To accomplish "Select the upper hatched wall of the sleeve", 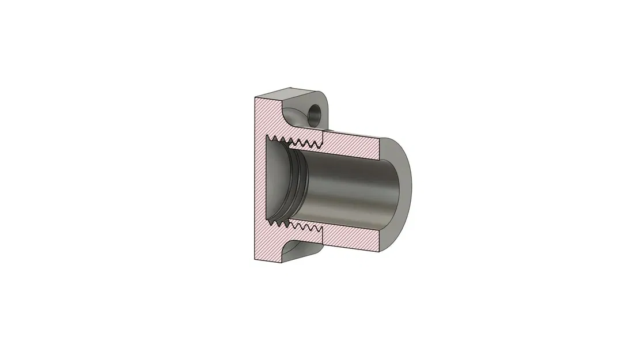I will click(x=351, y=146).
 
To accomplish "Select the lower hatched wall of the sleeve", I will click(x=351, y=237).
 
